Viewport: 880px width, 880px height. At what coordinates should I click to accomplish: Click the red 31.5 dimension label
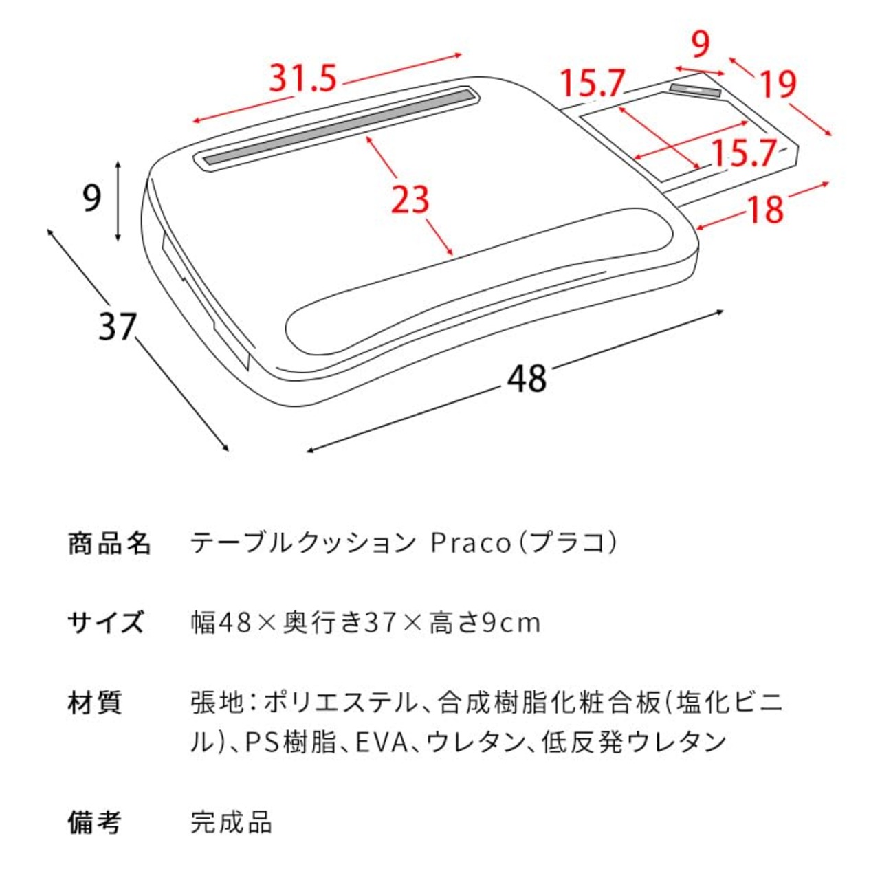(x=302, y=78)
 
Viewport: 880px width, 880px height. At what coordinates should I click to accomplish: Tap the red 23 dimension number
(x=410, y=200)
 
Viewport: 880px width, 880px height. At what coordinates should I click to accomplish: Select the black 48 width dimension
(x=527, y=379)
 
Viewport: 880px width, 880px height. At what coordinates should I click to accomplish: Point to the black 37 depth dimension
(x=118, y=326)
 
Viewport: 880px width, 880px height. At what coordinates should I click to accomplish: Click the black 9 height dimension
(x=91, y=198)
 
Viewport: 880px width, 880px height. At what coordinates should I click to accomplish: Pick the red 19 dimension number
(x=778, y=85)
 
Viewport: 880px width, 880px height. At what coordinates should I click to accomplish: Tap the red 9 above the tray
(x=700, y=45)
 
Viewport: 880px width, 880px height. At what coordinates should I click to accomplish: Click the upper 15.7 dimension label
(x=592, y=84)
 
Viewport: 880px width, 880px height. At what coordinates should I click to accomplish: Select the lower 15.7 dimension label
(x=742, y=153)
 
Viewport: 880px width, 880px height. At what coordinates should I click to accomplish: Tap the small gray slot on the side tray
(x=694, y=90)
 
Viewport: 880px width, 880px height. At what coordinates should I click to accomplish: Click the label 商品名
(x=109, y=543)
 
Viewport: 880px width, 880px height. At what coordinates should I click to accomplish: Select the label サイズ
(x=106, y=623)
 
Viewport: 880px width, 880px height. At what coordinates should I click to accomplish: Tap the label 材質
(x=95, y=703)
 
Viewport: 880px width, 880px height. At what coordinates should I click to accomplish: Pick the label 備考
(x=95, y=822)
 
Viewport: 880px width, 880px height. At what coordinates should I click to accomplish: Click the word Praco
(x=470, y=544)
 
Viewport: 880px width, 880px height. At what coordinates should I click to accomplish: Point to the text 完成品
(x=232, y=822)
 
